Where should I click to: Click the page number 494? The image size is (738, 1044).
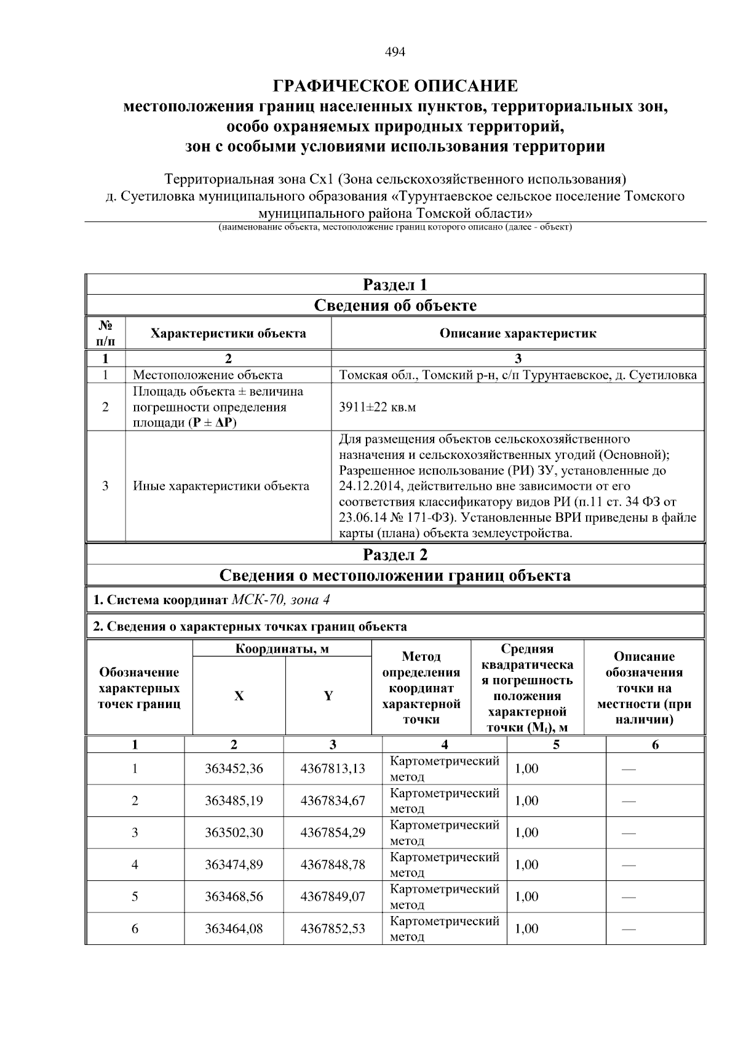(395, 52)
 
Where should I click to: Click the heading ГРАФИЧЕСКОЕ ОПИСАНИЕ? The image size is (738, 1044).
(395, 86)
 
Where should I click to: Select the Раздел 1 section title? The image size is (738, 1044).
(395, 285)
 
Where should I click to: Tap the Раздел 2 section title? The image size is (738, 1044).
(395, 554)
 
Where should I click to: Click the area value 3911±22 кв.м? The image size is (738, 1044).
(377, 407)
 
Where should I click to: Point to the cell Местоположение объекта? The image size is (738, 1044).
(208, 375)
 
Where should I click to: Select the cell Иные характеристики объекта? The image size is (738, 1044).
(221, 486)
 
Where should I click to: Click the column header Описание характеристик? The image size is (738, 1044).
(517, 333)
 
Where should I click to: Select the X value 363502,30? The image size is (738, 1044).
(234, 832)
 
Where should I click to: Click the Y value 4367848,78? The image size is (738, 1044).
(332, 864)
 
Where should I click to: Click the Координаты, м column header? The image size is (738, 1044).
(282, 649)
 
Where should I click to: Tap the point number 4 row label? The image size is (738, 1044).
(135, 864)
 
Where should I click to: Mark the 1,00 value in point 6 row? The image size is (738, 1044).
(526, 928)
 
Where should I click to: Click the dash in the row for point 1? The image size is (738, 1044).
(629, 769)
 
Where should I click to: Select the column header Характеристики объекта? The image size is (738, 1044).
(228, 333)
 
